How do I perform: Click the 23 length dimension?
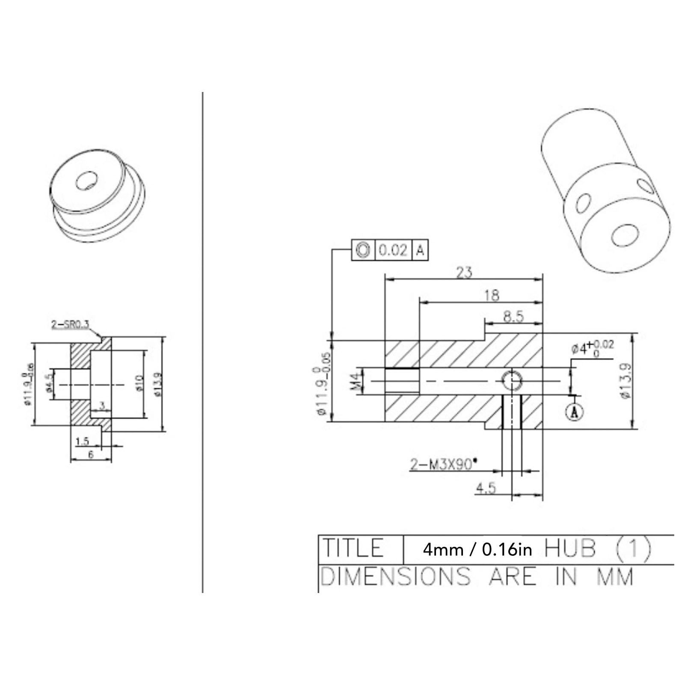(464, 272)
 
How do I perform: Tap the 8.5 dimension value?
(513, 317)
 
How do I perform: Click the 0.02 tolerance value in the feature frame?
(392, 249)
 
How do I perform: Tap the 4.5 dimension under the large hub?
(486, 488)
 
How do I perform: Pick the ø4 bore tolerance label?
(593, 347)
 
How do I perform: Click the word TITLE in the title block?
(353, 549)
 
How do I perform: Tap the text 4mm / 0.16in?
(477, 549)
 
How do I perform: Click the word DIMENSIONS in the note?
(395, 576)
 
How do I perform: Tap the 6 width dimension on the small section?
(91, 455)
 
